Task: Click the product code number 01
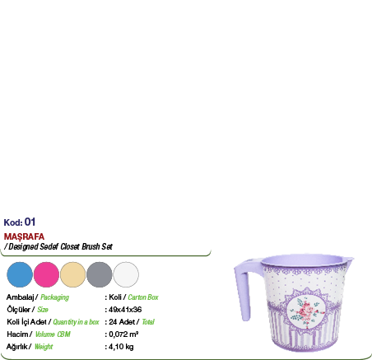coord(30,222)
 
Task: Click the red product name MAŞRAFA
coord(24,236)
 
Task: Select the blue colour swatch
coord(20,274)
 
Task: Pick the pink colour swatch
coord(46,274)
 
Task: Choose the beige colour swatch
coord(72,274)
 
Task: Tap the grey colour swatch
coord(100,274)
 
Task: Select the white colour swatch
coord(126,274)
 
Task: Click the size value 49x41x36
coord(125,310)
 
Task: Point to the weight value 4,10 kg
coord(121,347)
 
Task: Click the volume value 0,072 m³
coord(123,334)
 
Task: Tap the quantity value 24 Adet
coord(122,322)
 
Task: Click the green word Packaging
coord(54,297)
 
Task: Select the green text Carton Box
coord(143,297)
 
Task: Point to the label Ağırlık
coord(16,347)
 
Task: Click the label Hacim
coord(17,334)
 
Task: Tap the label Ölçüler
coord(18,310)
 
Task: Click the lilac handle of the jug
coord(243,290)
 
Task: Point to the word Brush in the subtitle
coord(91,246)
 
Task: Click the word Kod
coord(13,222)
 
